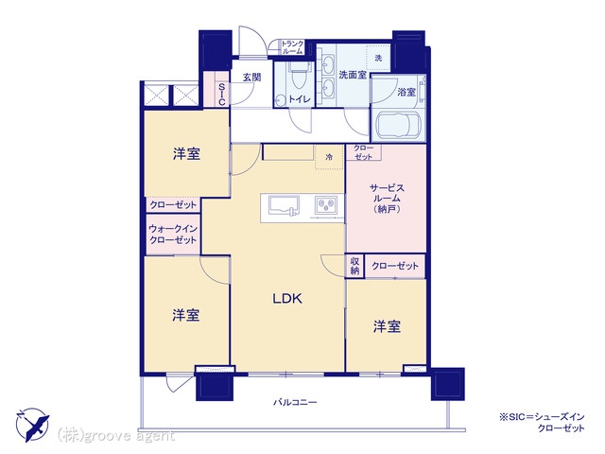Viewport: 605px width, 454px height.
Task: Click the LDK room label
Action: (287, 299)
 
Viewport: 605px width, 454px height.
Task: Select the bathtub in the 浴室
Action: (397, 125)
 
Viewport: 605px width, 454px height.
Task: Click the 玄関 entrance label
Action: (252, 78)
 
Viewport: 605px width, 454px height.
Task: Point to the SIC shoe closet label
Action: (221, 95)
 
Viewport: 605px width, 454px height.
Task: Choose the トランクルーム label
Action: (292, 47)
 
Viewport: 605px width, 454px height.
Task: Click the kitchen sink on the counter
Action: (284, 206)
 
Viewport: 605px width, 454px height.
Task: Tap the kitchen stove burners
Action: (326, 204)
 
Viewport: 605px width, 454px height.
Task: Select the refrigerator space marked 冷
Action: (329, 157)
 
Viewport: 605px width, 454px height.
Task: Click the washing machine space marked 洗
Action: (378, 59)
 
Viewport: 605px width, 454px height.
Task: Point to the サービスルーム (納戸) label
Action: (387, 199)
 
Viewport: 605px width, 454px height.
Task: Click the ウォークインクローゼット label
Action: (173, 234)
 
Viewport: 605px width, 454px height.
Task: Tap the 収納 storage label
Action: (354, 266)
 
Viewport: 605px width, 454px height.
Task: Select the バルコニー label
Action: (295, 403)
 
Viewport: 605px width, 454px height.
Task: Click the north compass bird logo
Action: (33, 425)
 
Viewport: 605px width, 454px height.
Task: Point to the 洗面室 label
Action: (353, 75)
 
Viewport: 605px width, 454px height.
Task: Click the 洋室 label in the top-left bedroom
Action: (186, 154)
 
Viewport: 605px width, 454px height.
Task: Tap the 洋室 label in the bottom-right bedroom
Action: (387, 326)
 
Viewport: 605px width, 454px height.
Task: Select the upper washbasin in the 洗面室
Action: (328, 63)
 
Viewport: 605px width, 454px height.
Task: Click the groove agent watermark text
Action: (116, 435)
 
